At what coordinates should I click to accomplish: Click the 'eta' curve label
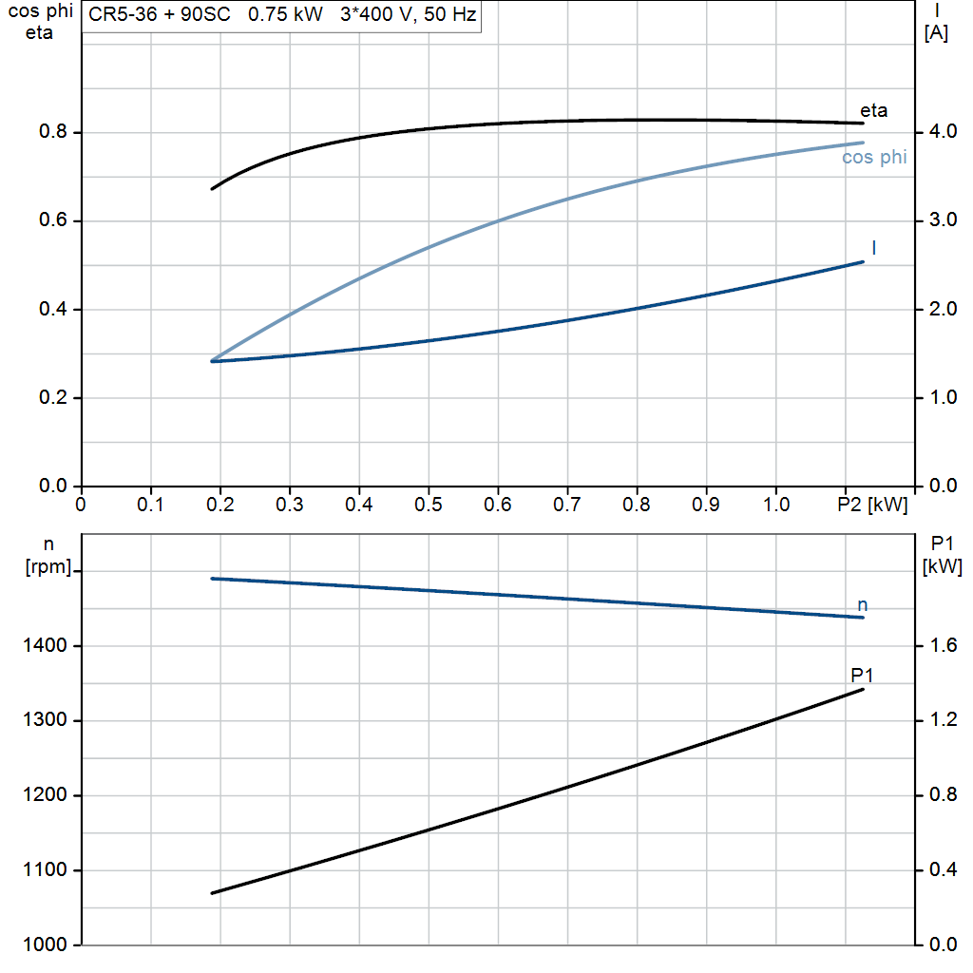click(x=874, y=110)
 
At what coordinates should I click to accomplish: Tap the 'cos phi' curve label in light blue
click(x=874, y=157)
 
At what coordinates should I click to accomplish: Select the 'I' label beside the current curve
click(x=874, y=248)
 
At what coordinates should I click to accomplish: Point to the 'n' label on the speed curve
click(x=862, y=605)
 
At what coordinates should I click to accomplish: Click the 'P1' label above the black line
click(x=862, y=675)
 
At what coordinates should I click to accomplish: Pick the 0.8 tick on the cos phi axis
click(x=53, y=131)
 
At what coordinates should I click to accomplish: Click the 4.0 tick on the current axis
click(x=944, y=131)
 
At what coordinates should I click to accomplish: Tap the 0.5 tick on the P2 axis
click(x=429, y=504)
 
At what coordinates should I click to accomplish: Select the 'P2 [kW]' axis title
click(x=872, y=505)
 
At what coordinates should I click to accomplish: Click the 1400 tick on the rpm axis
click(x=45, y=645)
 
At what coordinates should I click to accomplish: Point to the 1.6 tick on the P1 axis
click(x=944, y=645)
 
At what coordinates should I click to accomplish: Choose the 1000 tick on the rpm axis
click(x=45, y=944)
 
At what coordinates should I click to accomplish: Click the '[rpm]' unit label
click(x=48, y=566)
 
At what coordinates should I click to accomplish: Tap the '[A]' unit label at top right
click(x=936, y=32)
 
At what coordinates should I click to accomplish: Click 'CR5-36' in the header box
click(x=123, y=13)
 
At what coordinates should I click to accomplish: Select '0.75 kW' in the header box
click(x=285, y=13)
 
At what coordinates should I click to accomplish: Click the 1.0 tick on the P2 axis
click(x=775, y=504)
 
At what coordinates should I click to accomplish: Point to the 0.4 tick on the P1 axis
click(x=944, y=869)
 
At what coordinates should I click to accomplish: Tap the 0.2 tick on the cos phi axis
click(x=53, y=397)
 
